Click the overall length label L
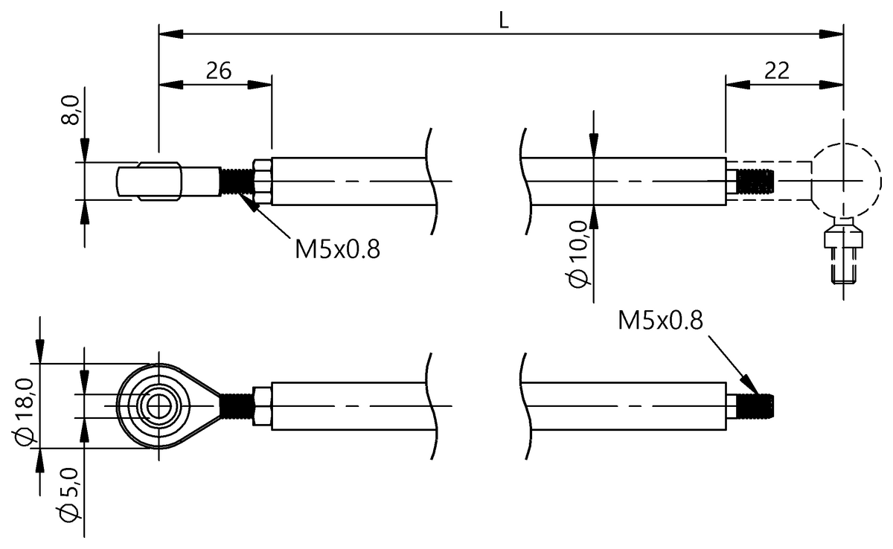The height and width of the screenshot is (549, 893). pos(504,22)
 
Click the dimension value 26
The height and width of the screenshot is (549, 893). pos(218,71)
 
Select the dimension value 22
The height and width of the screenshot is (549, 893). pos(777,71)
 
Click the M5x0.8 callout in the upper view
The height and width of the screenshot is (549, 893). pos(337,249)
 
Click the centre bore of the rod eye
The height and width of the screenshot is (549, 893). pos(158,405)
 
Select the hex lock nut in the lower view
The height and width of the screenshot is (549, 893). pos(263,405)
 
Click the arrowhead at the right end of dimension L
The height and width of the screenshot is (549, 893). pos(833,33)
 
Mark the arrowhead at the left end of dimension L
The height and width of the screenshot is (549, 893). pos(169,33)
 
